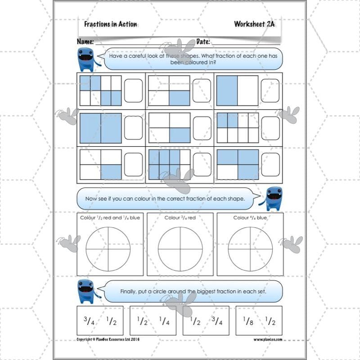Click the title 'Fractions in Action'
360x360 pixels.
click(111, 24)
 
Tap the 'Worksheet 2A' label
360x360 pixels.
click(254, 24)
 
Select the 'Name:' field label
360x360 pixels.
click(85, 42)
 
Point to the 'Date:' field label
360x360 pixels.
click(203, 42)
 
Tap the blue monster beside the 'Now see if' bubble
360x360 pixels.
click(274, 198)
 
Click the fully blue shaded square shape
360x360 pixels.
click(101, 128)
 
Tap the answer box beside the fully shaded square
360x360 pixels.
click(133, 128)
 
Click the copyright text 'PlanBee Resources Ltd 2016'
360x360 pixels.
click(108, 339)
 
